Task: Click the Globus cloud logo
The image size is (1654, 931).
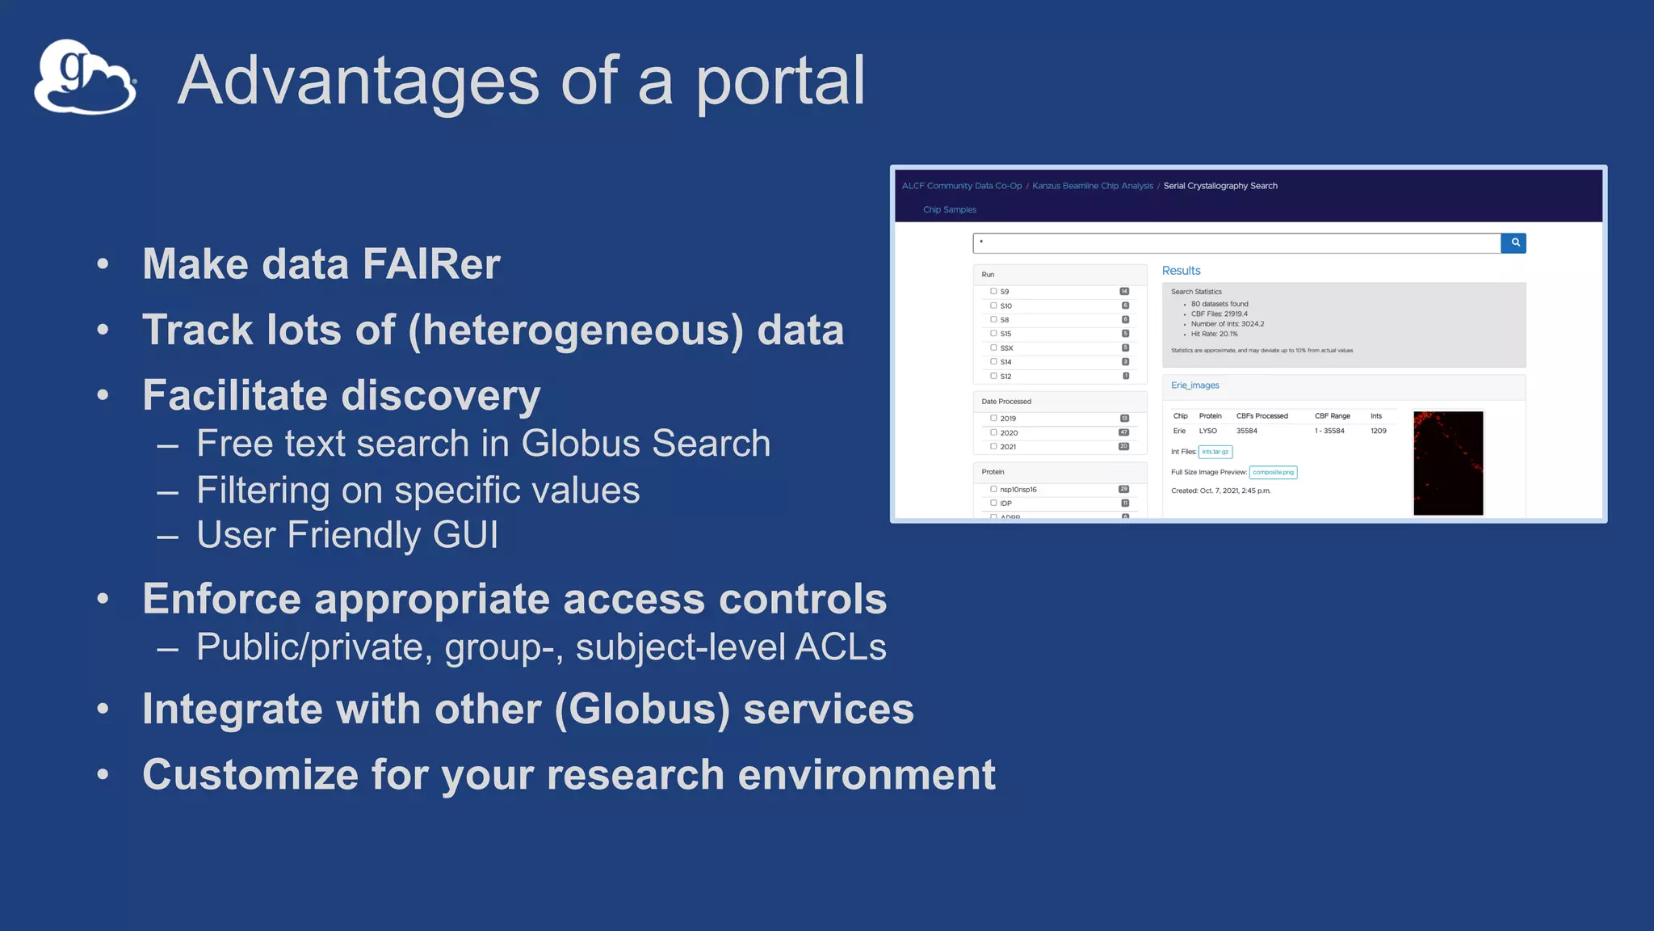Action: [85, 78]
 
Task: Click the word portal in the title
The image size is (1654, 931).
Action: [780, 81]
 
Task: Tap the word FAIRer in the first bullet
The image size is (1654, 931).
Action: [431, 264]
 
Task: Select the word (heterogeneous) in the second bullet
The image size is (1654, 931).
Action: [575, 330]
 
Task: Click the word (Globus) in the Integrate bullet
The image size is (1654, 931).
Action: [642, 709]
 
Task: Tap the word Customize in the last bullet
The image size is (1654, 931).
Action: [250, 774]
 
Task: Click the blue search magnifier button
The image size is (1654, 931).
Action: [1514, 242]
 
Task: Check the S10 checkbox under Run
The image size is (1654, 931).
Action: [993, 305]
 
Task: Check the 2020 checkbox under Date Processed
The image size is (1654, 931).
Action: [993, 432]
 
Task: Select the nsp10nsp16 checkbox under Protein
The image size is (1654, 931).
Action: [993, 489]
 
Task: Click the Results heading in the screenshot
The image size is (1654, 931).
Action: [1181, 271]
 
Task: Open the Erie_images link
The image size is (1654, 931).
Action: [1194, 385]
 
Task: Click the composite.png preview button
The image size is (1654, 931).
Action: [1273, 472]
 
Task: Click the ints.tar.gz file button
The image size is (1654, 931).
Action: [1215, 452]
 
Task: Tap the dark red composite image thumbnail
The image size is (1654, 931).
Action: [1447, 463]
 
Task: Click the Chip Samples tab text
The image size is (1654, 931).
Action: [949, 210]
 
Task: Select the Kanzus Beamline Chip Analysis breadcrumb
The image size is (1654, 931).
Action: [1092, 186]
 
